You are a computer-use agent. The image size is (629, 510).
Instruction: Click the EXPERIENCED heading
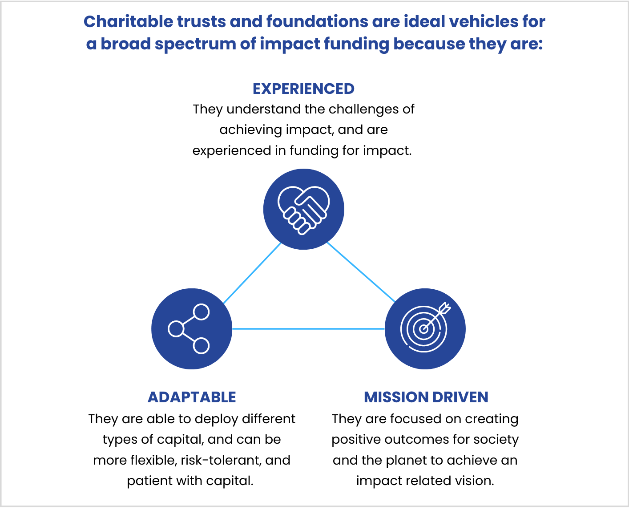coord(303,89)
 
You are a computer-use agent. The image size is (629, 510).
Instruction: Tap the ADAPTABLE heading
coord(192,397)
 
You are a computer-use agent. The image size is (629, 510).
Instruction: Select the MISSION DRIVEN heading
coord(426,397)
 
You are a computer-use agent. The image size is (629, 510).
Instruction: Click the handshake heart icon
coord(303,210)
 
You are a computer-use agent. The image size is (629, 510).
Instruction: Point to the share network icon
coord(189,328)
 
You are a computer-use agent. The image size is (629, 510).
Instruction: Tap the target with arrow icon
coord(425,328)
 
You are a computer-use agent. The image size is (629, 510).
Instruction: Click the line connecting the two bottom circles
coord(308,328)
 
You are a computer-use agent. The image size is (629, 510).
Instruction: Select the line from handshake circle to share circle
coord(252,273)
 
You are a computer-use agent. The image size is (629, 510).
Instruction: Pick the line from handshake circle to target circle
coord(361,272)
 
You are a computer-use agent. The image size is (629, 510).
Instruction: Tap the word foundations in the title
coord(317,21)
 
